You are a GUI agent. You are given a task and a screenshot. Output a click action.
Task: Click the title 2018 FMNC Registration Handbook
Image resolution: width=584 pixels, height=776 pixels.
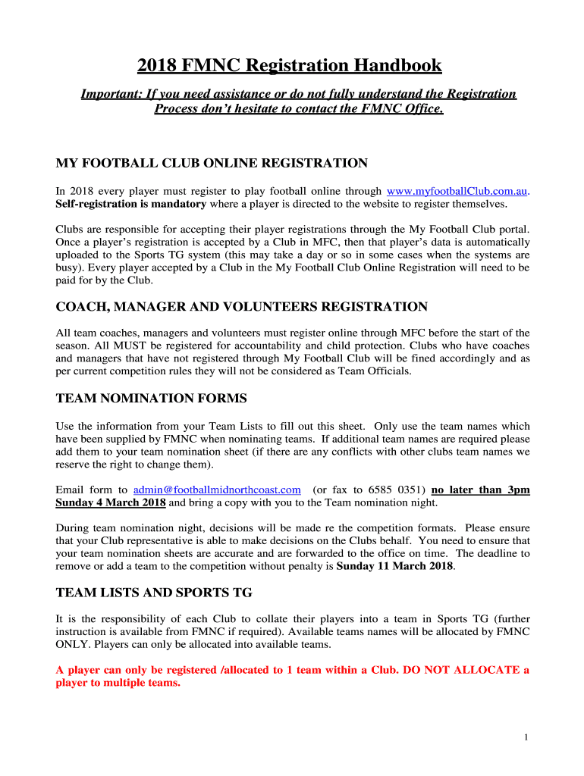pyautogui.click(x=289, y=66)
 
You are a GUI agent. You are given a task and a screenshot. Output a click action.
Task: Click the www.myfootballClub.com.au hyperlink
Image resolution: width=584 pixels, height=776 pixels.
pyautogui.click(x=457, y=191)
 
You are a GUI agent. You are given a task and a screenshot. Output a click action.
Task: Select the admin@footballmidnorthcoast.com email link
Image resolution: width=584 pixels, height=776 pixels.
pyautogui.click(x=217, y=490)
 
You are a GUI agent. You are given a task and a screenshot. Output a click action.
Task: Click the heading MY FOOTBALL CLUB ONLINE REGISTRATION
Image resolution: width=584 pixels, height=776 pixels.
pyautogui.click(x=212, y=163)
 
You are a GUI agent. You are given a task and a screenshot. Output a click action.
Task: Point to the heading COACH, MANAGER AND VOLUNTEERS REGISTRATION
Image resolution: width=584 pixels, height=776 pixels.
pyautogui.click(x=242, y=306)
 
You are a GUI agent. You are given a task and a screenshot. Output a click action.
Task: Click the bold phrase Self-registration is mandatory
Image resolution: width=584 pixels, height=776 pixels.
pyautogui.click(x=131, y=204)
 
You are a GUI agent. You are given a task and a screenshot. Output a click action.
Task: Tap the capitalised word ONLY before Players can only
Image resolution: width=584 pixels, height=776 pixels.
pyautogui.click(x=73, y=644)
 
